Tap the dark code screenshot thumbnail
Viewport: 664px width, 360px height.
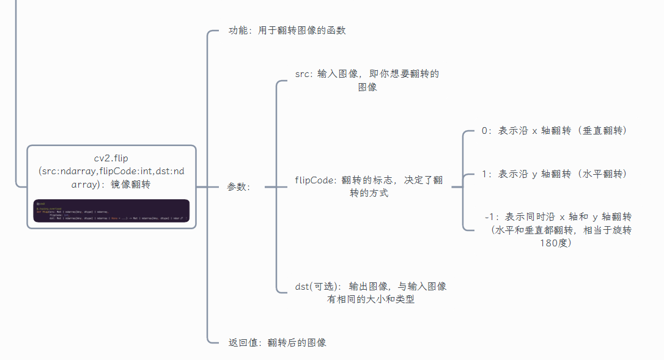(111, 211)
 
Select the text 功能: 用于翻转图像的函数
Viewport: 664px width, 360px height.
(287, 30)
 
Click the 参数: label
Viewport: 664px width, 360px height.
(238, 187)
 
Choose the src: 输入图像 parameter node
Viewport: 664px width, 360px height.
(367, 80)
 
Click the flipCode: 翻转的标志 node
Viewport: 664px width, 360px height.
(369, 186)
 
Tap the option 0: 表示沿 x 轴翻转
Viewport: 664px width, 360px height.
(554, 130)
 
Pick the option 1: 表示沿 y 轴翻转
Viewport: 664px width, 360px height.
(554, 174)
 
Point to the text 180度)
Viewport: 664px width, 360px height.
(556, 243)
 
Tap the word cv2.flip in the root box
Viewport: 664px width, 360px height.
(111, 158)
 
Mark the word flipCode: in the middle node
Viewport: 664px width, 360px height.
(315, 180)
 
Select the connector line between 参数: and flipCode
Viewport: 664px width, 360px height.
(275, 187)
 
